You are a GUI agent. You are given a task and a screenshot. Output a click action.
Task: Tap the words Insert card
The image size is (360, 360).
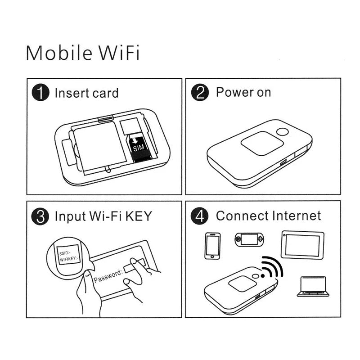click(x=86, y=93)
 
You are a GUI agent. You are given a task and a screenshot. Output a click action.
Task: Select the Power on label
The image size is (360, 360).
click(x=243, y=93)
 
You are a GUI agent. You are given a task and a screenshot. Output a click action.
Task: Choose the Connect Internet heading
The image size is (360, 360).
click(x=269, y=216)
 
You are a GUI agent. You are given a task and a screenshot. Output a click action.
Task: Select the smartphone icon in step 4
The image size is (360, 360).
click(x=212, y=246)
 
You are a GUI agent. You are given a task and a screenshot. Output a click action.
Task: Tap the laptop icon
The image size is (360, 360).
click(x=313, y=286)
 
